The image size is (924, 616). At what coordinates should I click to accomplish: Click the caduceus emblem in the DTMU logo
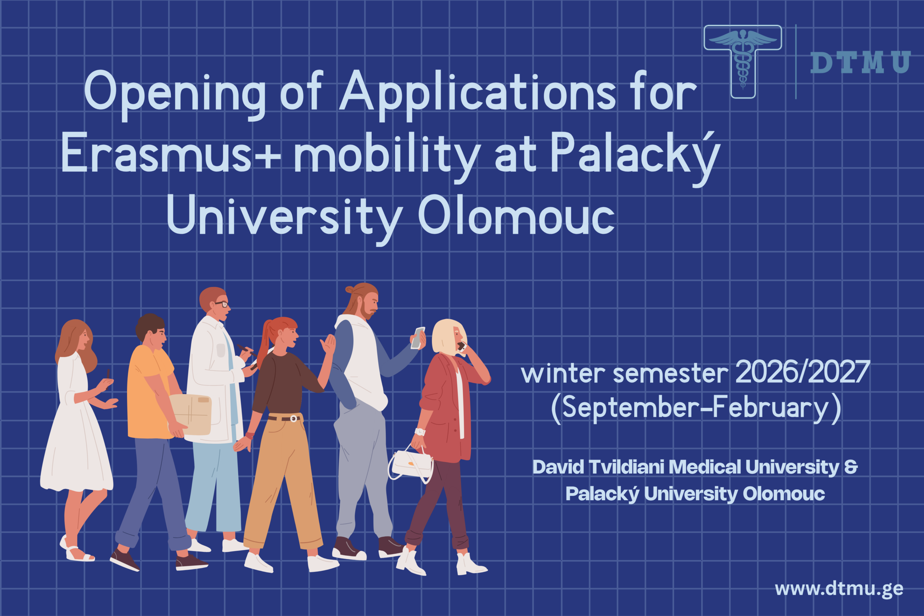coord(742,59)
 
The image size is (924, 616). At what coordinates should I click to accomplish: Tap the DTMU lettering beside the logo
coord(860,62)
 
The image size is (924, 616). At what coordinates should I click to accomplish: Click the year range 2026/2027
coord(803,372)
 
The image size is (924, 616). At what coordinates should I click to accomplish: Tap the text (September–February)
coord(696,409)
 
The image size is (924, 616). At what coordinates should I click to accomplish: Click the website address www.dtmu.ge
coord(839,589)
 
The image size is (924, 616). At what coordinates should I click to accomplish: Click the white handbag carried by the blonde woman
coord(411,465)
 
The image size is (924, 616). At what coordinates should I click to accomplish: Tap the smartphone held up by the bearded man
coord(417,338)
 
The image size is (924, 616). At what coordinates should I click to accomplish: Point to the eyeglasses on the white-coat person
coord(221,304)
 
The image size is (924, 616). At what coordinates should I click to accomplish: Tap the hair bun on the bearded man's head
coord(349,290)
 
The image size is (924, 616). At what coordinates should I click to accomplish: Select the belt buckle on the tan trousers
coord(293,419)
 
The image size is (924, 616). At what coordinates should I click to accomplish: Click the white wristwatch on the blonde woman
coord(420,432)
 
